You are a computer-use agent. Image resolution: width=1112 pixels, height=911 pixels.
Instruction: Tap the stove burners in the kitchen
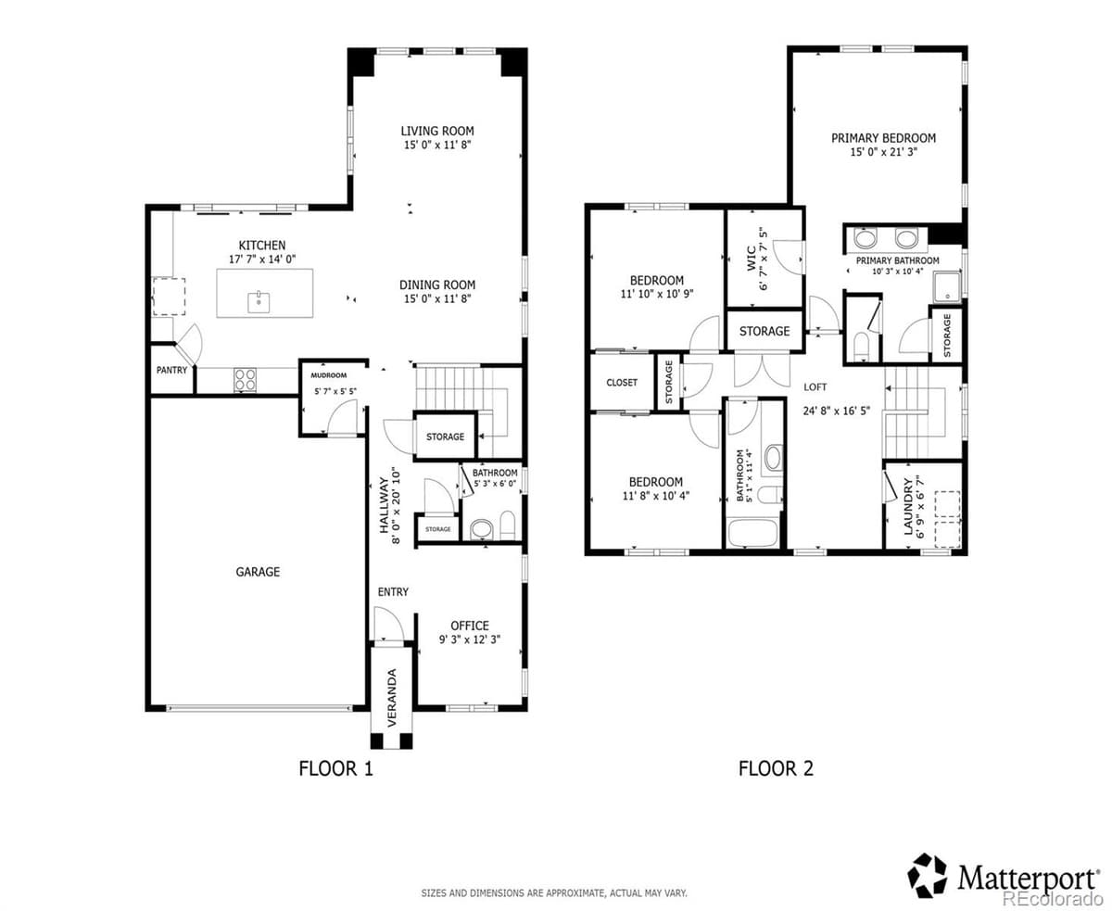point(246,379)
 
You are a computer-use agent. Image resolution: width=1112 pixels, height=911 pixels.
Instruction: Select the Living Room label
point(437,131)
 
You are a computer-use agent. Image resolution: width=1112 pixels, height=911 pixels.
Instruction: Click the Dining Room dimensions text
point(437,299)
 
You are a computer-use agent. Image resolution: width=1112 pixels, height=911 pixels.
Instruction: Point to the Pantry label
point(171,370)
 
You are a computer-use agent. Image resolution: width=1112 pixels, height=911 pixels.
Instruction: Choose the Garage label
point(257,572)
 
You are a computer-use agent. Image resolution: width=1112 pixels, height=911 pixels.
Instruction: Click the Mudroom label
point(328,375)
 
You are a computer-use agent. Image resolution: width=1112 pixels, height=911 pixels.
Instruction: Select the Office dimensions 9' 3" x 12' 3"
point(470,639)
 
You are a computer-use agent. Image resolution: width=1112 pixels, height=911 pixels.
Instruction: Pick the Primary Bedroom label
point(883,138)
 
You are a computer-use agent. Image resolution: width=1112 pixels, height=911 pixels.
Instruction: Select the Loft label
point(815,387)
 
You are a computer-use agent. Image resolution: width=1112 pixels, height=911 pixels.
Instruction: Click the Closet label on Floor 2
point(622,383)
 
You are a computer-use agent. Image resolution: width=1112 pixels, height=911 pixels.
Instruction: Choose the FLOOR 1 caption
point(335,768)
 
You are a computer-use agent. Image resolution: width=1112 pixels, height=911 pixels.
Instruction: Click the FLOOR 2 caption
point(776,768)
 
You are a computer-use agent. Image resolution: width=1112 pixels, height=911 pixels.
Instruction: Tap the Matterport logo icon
point(928,876)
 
